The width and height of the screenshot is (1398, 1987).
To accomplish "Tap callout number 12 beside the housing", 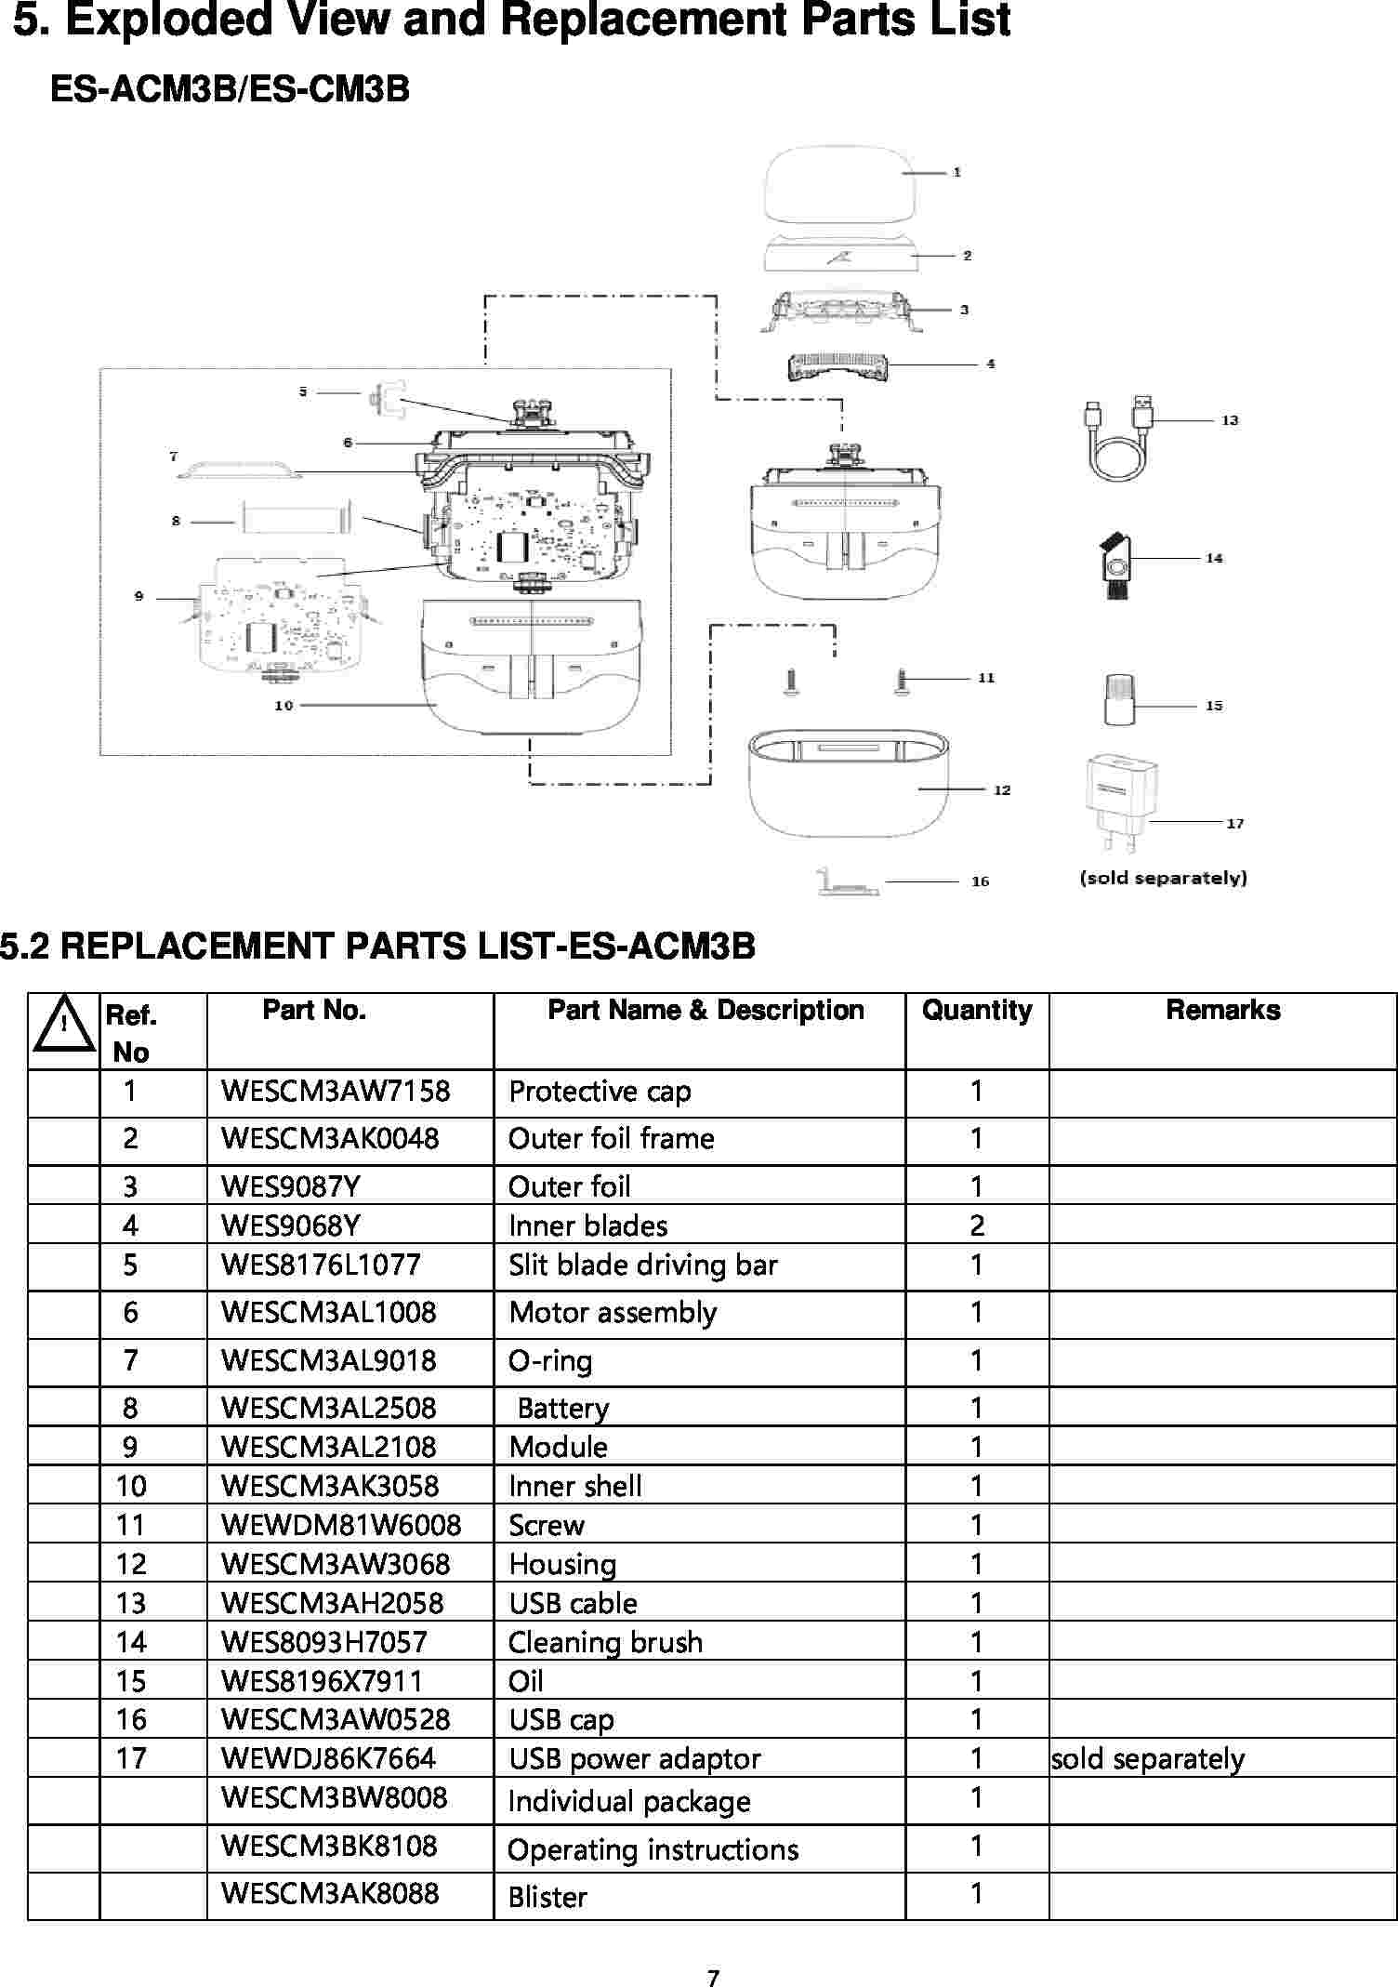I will pos(1002,790).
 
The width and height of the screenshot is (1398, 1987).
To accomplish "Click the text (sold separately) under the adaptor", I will pos(1163,878).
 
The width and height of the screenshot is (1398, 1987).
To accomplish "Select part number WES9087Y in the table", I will pos(290,1187).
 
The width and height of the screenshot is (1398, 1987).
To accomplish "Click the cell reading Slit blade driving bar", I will pos(642,1265).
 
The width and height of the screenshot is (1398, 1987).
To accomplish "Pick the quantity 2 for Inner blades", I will pos(977,1226).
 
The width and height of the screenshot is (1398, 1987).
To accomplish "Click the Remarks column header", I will pos(1222,1011).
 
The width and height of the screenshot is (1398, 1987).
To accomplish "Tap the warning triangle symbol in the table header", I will pos(63,1026).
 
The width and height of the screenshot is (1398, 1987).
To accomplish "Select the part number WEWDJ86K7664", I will pos(328,1758).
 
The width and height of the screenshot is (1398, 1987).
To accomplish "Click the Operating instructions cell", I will pos(653,1849).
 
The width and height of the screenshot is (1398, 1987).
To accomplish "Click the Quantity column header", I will pos(977,1011).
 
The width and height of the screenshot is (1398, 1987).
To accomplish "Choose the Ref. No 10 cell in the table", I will pos(131,1486).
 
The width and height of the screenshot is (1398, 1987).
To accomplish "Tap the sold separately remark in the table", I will pos(1147,1759).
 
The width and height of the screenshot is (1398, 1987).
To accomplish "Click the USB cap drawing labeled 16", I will pos(847,882).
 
